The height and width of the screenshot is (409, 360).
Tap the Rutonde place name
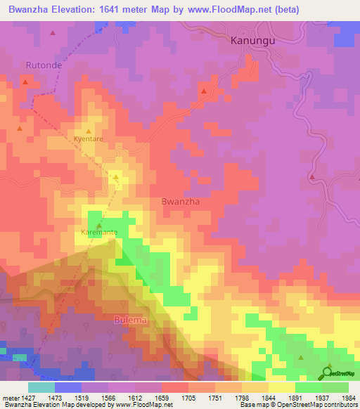pos(44,65)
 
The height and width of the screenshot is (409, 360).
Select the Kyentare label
pos(89,139)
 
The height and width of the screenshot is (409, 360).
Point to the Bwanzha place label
pos(181,201)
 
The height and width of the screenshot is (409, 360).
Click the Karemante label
pos(98,232)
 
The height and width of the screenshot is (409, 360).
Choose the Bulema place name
pos(131,320)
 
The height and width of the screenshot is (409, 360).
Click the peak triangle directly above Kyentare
pos(89,131)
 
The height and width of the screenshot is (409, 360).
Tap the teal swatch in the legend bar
pos(41,387)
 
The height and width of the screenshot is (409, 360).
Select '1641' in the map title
pos(119,8)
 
